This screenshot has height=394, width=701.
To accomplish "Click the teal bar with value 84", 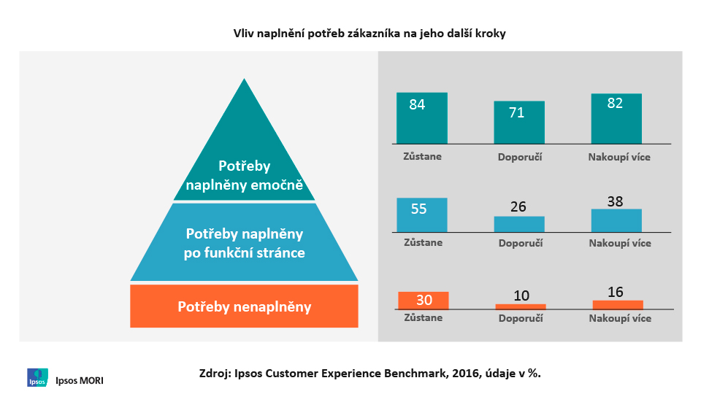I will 421,117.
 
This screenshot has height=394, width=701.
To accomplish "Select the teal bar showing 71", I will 519,123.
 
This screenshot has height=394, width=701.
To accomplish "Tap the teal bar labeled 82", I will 616,118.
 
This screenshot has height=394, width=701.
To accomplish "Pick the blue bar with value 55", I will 421,215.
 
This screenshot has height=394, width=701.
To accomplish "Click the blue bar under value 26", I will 519,224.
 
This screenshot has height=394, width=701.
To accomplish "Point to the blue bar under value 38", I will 616,220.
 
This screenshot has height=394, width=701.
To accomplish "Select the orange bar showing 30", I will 424,301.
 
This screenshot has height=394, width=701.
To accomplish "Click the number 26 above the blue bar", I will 518,206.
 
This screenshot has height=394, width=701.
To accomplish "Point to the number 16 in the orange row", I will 616,292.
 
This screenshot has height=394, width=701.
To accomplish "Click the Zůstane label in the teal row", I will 422,156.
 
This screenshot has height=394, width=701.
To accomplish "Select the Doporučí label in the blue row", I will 520,243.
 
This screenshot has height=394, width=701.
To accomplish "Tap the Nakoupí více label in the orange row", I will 619,319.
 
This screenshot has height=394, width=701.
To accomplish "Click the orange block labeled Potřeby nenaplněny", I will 244,306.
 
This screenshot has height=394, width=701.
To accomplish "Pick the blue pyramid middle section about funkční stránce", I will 244,243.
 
